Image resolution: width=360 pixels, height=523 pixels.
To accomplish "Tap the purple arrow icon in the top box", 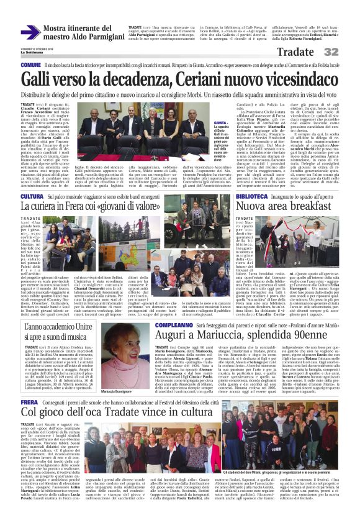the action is pyautogui.click(x=30, y=32).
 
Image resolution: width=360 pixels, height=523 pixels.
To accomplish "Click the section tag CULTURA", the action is pyautogui.click(x=32, y=196).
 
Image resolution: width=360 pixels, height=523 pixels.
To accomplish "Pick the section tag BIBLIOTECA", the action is pyautogui.click(x=253, y=196).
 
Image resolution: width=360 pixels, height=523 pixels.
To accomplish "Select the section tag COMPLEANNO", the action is pyautogui.click(x=173, y=324).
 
